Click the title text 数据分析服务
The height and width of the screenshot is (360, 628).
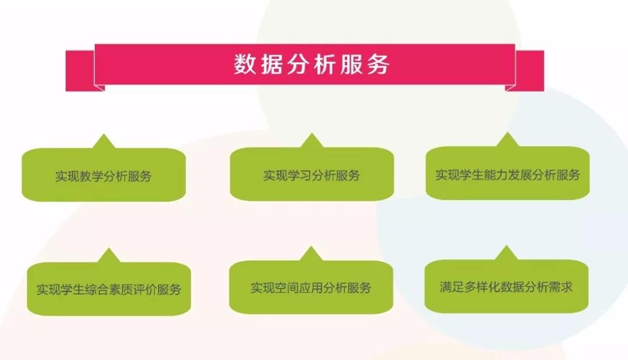coord(311,64)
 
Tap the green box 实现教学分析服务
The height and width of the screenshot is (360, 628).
coord(104,174)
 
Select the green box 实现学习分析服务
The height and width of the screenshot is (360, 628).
coord(312,174)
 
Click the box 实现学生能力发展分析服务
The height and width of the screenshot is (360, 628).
coord(508,173)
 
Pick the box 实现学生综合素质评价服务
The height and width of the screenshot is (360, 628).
coord(109,288)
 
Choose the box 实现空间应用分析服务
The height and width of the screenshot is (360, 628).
coord(311,287)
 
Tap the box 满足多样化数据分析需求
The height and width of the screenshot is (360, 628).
coord(506,286)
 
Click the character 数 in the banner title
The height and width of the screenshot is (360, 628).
coord(245,64)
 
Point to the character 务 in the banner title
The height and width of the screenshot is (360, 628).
coord(378,64)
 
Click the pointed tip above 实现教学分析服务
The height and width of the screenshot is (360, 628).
coord(104,134)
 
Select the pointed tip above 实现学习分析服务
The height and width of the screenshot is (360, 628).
coord(312,134)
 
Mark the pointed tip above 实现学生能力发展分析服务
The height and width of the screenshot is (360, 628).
coord(508,133)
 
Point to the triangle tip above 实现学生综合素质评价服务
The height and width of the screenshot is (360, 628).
coord(109,248)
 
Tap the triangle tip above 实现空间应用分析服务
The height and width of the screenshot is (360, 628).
coord(311,247)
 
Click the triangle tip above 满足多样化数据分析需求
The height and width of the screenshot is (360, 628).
coord(506,246)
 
